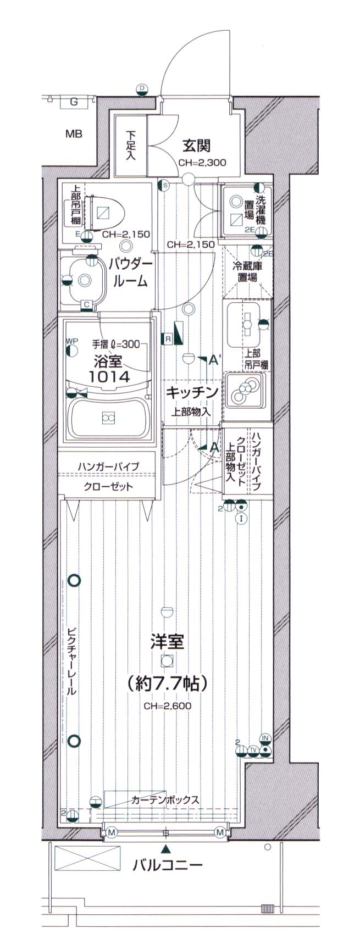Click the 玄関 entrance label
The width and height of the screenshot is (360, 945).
(197, 146)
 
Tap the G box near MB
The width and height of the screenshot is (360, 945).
(73, 102)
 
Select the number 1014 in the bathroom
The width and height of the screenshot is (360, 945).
(109, 376)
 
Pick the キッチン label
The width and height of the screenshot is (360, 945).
(192, 392)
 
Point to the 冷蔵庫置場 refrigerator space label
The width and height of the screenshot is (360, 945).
(247, 271)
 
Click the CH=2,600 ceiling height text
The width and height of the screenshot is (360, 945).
(168, 706)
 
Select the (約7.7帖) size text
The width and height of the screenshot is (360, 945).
(167, 683)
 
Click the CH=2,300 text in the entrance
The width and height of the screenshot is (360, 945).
(202, 163)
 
